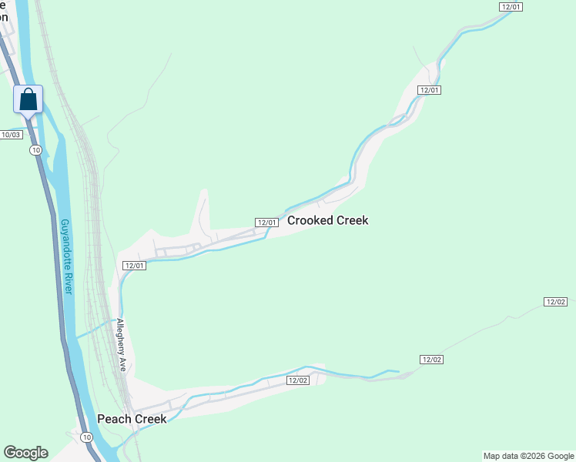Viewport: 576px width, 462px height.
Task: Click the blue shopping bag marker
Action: [28, 99]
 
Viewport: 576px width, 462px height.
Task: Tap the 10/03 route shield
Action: [11, 135]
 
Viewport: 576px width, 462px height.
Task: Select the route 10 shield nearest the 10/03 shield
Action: [35, 149]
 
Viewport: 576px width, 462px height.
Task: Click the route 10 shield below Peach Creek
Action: [85, 437]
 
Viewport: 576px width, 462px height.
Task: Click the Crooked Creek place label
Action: [327, 220]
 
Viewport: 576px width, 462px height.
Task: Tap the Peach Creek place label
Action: [132, 419]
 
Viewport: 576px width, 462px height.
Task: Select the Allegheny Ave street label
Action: [121, 343]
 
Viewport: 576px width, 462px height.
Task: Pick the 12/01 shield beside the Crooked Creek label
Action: [266, 223]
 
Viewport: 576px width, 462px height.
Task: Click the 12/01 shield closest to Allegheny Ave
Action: [134, 266]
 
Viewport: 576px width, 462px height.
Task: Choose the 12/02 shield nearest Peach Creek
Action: [298, 380]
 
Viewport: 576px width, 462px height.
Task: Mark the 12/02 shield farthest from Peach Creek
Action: [555, 301]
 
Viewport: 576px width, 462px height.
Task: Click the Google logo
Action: [25, 453]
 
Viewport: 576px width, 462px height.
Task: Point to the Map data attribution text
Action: [527, 456]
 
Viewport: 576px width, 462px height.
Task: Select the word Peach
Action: [113, 419]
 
